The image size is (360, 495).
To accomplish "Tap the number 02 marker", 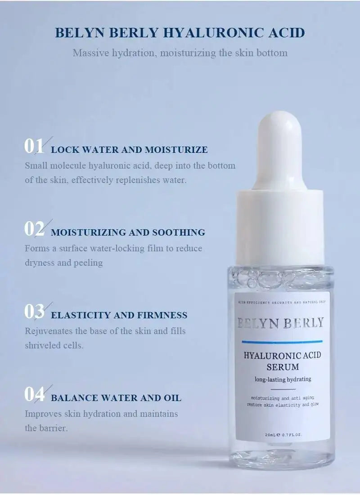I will (34, 229).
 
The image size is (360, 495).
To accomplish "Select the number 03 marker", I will (34, 312).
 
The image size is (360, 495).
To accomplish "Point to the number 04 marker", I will (34, 394).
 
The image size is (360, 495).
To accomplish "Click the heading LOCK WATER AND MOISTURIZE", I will (129, 150).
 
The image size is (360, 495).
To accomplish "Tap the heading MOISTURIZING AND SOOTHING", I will (128, 232).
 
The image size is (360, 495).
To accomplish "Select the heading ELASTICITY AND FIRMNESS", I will (119, 315).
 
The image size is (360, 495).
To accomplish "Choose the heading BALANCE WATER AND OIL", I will (116, 398).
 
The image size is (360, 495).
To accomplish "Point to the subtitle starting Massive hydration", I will (180, 53).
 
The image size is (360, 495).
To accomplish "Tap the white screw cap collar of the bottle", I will (280, 227).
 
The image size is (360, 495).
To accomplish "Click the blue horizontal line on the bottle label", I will (282, 342).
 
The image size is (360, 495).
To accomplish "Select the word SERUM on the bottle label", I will (282, 367).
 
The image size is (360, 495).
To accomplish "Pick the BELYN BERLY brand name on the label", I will (280, 322).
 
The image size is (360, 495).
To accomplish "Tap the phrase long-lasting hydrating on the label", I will (283, 379).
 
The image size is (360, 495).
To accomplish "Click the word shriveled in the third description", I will (41, 346).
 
